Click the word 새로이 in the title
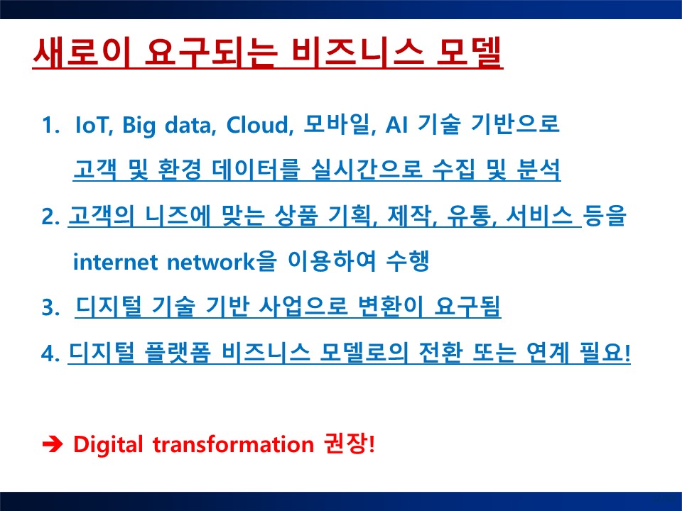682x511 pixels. point(82,53)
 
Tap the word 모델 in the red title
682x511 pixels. point(469,53)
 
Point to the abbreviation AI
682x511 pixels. point(396,125)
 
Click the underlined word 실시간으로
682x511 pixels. point(367,170)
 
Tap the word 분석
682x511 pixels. point(538,170)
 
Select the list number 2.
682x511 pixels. point(50,216)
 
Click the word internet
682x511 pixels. point(115,262)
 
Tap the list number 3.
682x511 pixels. point(50,307)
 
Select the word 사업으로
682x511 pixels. point(303,307)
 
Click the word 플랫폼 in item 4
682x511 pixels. point(177,353)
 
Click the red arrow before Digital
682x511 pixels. point(52,444)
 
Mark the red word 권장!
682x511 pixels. point(350,444)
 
